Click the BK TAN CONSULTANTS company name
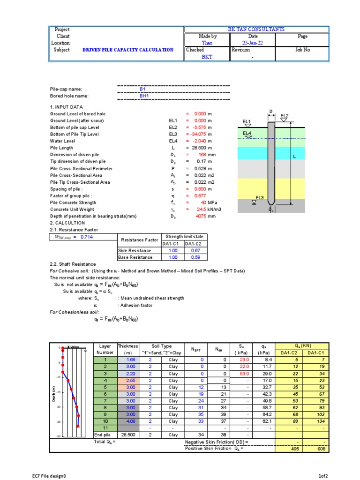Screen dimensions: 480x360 (256, 29)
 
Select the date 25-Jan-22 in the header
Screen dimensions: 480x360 (253, 43)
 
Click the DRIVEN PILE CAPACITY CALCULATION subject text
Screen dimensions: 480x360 (128, 50)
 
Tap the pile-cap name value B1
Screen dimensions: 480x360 (143, 89)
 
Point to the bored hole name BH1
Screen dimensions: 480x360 (143, 96)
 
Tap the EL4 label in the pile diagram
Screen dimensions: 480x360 (247, 134)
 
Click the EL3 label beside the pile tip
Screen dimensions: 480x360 (260, 198)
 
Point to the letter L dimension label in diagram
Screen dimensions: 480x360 (295, 157)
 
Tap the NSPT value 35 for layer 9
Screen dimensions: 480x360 (201, 414)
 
